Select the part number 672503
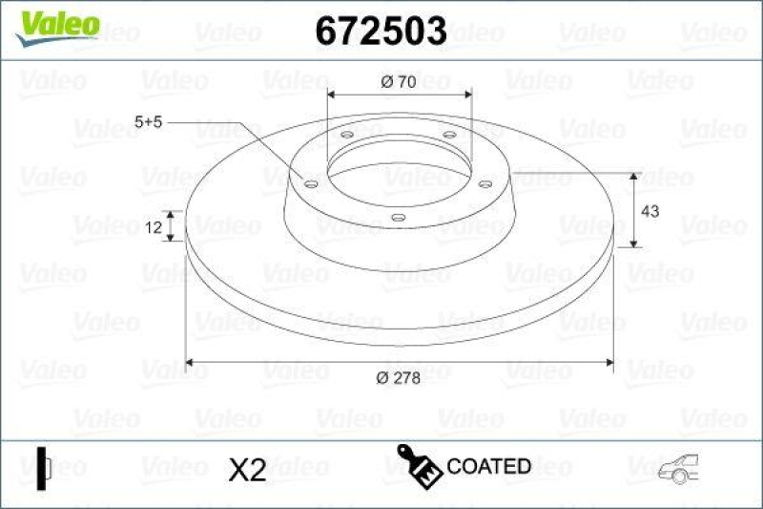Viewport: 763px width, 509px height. pyautogui.click(x=381, y=32)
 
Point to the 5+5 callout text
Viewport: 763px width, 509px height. pyautogui.click(x=151, y=122)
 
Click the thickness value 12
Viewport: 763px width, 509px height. pyautogui.click(x=150, y=226)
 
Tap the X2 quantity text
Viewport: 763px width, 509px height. pyautogui.click(x=247, y=468)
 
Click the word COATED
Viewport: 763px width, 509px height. pyautogui.click(x=488, y=467)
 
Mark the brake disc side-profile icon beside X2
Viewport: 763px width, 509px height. pyautogui.click(x=41, y=467)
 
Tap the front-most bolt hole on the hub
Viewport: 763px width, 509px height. pyautogui.click(x=399, y=218)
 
